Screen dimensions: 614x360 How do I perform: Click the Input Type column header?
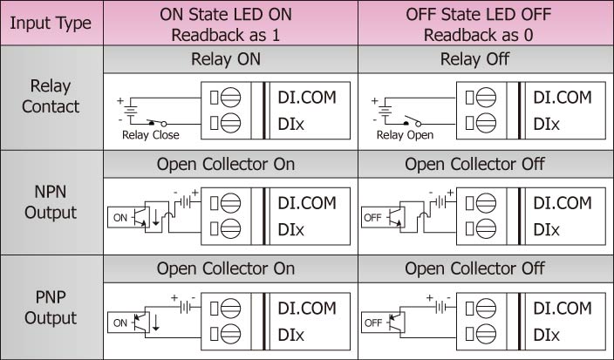pos(51,23)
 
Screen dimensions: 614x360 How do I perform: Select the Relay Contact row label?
pos(51,96)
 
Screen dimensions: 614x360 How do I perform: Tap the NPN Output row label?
pos(51,202)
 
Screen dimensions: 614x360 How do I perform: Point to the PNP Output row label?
pos(51,307)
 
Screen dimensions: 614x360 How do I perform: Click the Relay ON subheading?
pos(226,59)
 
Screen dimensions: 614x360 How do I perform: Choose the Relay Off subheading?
pos(474,59)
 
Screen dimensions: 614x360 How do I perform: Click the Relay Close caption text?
pos(150,135)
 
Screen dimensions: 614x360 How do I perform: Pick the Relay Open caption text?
pos(405,135)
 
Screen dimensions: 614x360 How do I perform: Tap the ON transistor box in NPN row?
pos(129,218)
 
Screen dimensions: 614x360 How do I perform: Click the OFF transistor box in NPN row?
pos(384,218)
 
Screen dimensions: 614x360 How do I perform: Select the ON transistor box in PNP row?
pos(129,323)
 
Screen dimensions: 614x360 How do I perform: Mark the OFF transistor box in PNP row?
pos(384,323)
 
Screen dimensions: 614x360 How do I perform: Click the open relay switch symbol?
pos(412,121)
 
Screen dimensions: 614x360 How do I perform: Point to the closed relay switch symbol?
pos(157,123)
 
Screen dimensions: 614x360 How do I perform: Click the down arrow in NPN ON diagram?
pos(156,218)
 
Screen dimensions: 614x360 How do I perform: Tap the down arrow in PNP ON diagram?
pos(156,323)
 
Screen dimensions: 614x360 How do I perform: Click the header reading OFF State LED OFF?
pos(479,15)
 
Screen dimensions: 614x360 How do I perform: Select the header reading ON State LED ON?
pos(226,15)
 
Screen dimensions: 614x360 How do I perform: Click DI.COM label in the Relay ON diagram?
pos(307,98)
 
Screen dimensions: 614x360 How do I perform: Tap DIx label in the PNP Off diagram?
pos(546,335)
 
